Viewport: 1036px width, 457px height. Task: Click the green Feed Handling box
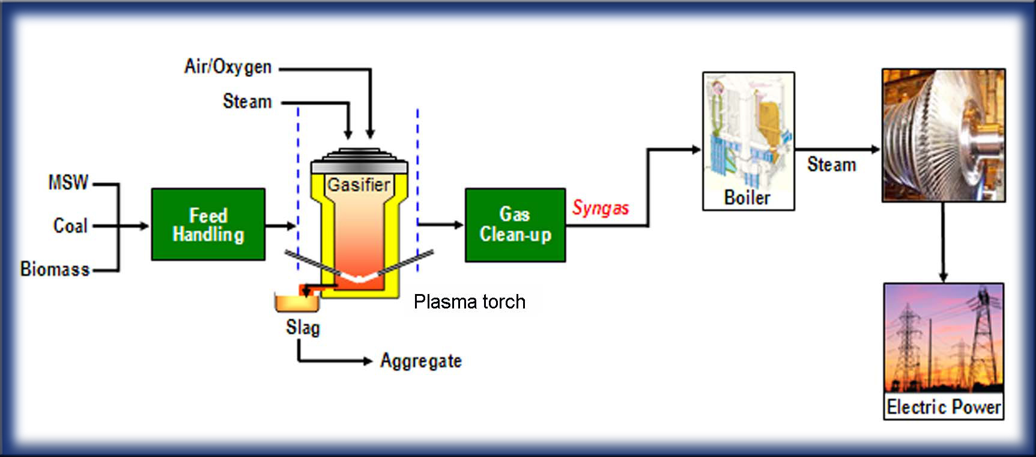pyautogui.click(x=208, y=224)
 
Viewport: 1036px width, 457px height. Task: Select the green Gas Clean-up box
pyautogui.click(x=515, y=224)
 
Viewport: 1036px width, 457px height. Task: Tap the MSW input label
pyautogui.click(x=68, y=182)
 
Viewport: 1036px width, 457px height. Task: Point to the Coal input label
pyautogui.click(x=70, y=225)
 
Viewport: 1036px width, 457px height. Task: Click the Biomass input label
pyautogui.click(x=55, y=269)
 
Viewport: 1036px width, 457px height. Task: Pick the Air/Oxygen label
pyautogui.click(x=228, y=67)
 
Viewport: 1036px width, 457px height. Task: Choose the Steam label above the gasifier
pyautogui.click(x=247, y=101)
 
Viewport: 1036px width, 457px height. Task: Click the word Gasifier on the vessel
pyautogui.click(x=359, y=185)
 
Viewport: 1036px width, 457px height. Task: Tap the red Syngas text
pyautogui.click(x=600, y=208)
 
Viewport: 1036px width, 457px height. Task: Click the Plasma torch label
pyautogui.click(x=469, y=301)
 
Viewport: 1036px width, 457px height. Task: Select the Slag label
pyautogui.click(x=303, y=328)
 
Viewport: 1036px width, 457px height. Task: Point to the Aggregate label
pyautogui.click(x=420, y=361)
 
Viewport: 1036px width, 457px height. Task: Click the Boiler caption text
pyautogui.click(x=747, y=198)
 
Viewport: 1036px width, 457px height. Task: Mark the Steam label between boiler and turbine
pyautogui.click(x=831, y=165)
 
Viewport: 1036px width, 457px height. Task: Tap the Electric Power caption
pyautogui.click(x=944, y=407)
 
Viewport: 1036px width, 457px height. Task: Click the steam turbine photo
pyautogui.click(x=943, y=135)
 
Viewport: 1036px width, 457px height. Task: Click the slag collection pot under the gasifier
pyautogui.click(x=297, y=302)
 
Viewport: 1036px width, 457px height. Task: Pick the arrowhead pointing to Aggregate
pyautogui.click(x=368, y=361)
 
